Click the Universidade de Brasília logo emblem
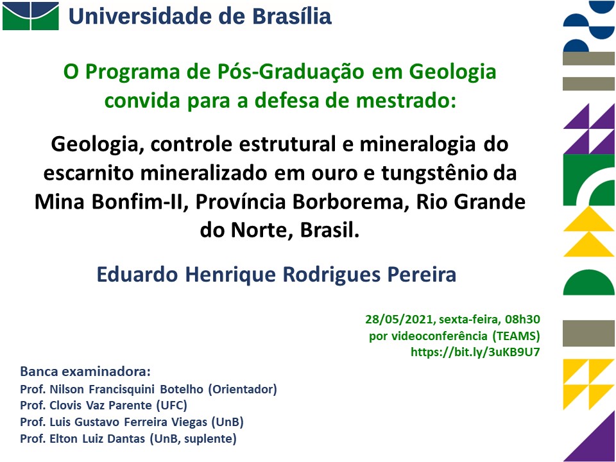coord(31,15)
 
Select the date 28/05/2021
coord(400,320)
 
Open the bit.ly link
coord(475,352)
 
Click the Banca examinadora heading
coord(85,372)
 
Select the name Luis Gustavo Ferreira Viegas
coord(128,422)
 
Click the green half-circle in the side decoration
coord(588,282)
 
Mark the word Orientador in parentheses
coord(243,389)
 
